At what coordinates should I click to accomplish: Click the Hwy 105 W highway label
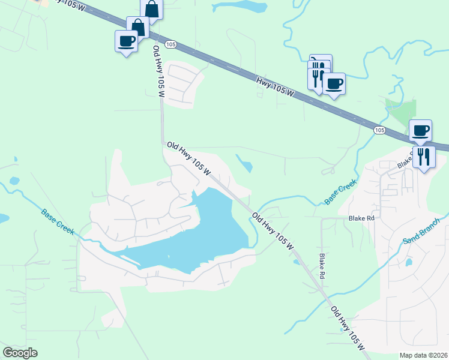point(275,87)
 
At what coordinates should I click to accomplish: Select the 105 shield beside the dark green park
point(379,129)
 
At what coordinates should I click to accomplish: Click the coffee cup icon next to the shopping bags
point(126,41)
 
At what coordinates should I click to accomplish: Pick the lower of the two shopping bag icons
point(137,27)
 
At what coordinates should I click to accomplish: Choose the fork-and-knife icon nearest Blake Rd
point(424,157)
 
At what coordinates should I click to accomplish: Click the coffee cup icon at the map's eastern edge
point(421,130)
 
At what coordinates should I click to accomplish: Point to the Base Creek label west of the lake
point(59,221)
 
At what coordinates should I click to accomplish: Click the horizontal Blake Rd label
point(362,218)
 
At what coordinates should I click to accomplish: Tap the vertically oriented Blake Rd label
point(322,265)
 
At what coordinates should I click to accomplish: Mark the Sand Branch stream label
point(421,231)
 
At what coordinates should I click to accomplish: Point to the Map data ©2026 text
point(423,355)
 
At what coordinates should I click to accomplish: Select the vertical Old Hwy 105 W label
point(158,72)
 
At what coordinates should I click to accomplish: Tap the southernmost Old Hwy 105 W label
point(348,328)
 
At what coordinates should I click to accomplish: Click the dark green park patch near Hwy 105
point(403,110)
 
